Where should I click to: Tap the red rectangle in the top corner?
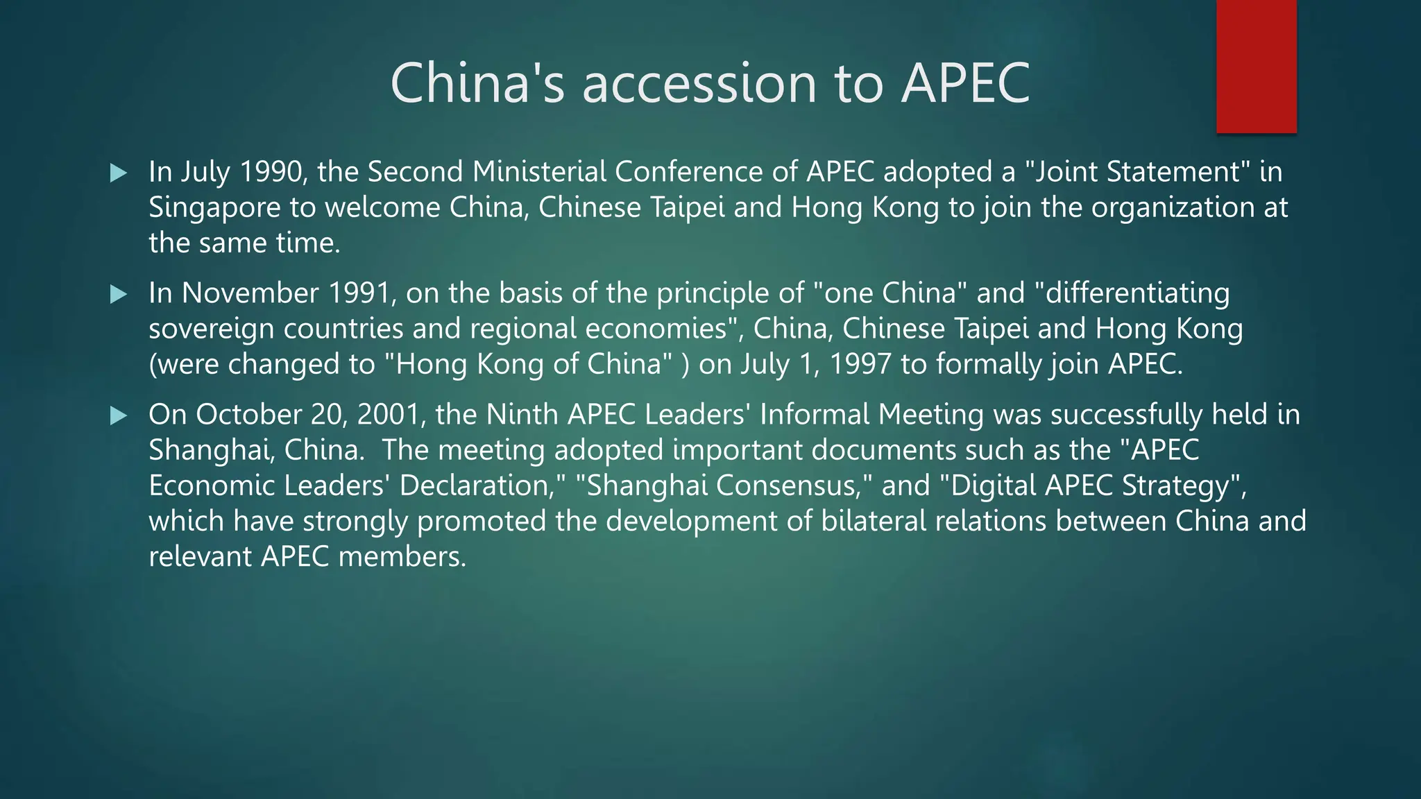(1256, 67)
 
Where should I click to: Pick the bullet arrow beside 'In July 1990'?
(119, 173)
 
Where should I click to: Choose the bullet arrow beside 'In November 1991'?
(119, 294)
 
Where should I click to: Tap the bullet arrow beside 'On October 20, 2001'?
(119, 415)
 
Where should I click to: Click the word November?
(250, 293)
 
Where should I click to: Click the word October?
(248, 415)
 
